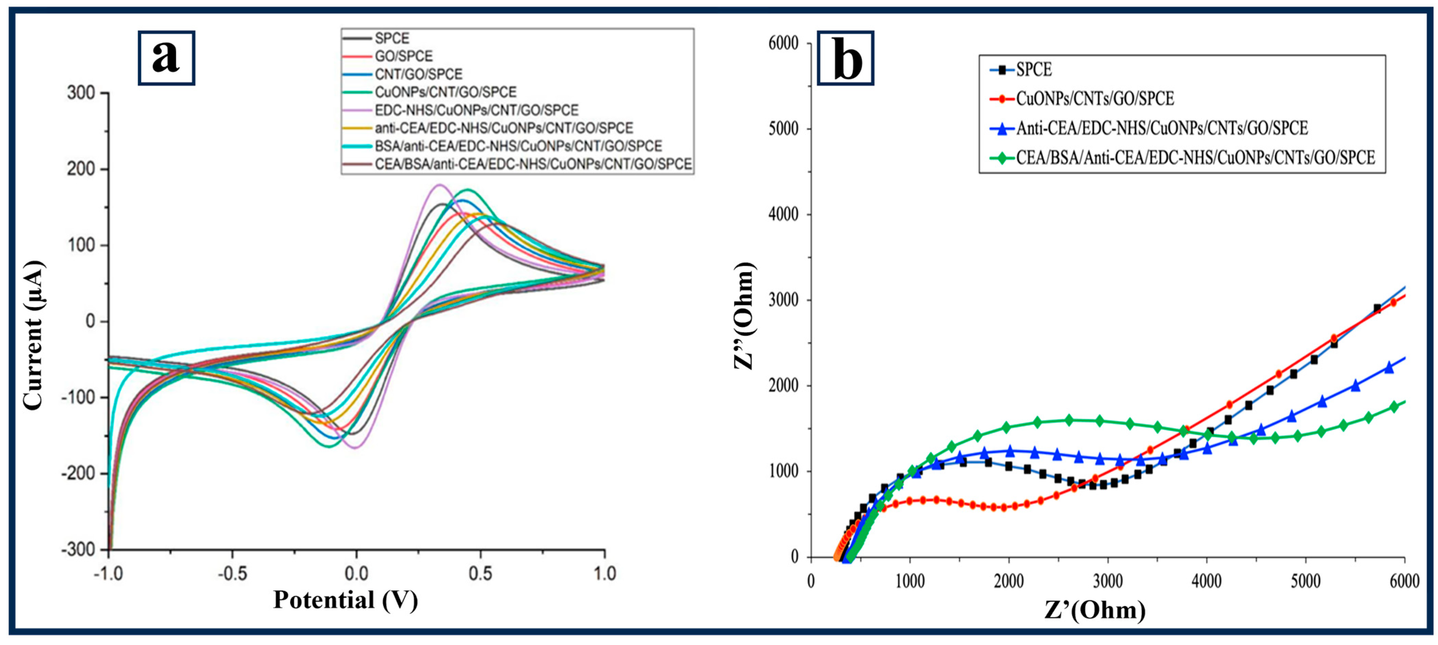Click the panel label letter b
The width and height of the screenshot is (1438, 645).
tap(846, 58)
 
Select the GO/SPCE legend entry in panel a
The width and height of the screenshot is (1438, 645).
tap(403, 56)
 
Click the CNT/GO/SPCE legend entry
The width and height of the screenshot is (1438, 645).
tap(418, 74)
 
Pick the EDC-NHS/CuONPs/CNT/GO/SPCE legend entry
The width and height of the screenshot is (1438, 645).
tap(476, 110)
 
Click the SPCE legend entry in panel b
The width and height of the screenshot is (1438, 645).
tap(1033, 70)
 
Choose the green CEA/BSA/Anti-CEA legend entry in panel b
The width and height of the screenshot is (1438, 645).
tap(1195, 158)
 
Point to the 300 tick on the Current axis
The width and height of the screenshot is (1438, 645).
tap(82, 93)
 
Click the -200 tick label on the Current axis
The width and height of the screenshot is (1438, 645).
tap(79, 474)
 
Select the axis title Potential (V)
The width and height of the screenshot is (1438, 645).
tap(346, 600)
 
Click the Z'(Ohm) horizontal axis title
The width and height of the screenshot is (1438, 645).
tap(1095, 610)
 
